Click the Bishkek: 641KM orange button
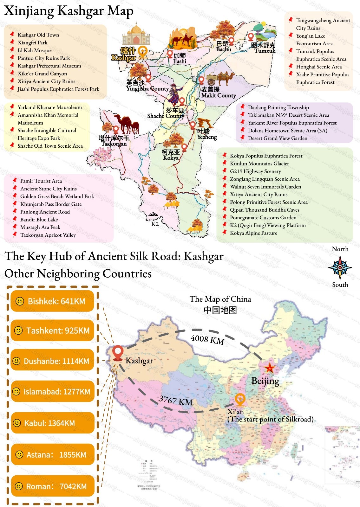[52, 301]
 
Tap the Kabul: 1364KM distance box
[52, 423]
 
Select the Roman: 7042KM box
[52, 486]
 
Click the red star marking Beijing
[270, 368]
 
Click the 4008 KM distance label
[207, 339]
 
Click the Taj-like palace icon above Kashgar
[136, 34]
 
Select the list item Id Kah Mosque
[34, 50]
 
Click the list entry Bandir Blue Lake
[39, 220]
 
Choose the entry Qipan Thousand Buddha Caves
[264, 210]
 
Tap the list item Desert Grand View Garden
[277, 138]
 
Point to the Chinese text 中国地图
[220, 310]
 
